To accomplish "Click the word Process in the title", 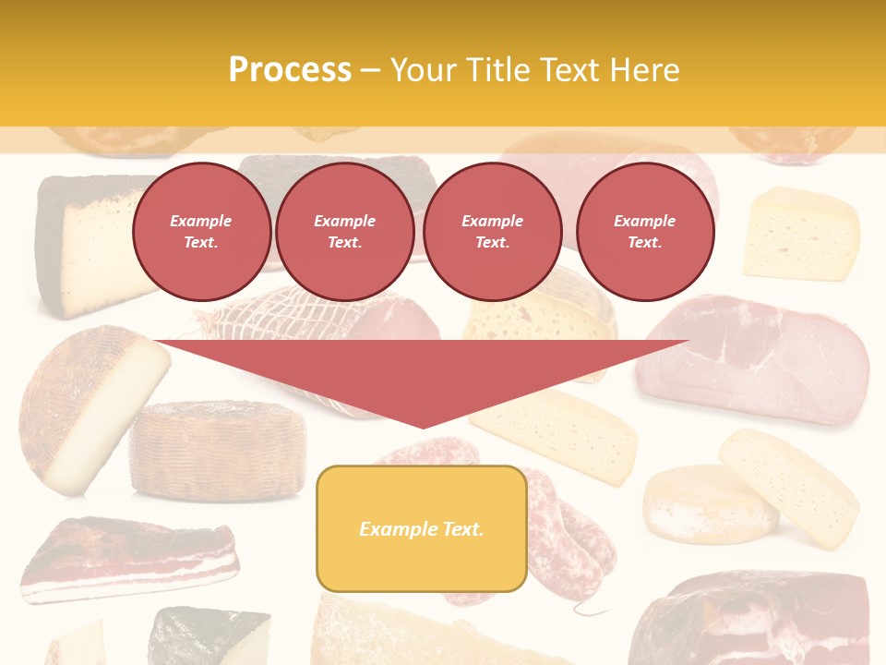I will coord(290,70).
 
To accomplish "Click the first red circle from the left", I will coord(201,232).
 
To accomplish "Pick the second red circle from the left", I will coord(344,232).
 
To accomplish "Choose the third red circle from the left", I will coord(492,232).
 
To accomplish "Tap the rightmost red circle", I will coord(644,232).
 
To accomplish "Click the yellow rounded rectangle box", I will coord(422,528).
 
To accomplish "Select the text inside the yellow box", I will coord(422,529).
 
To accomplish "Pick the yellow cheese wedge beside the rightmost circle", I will coord(801,233).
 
